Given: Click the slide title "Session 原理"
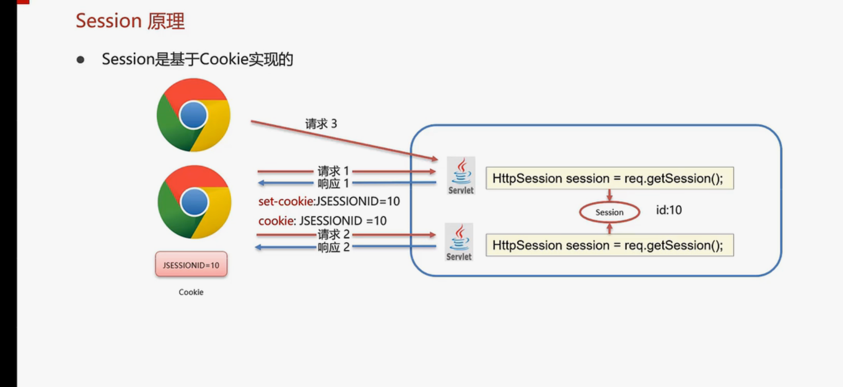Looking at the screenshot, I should [x=130, y=21].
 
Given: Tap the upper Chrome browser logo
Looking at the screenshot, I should [x=193, y=115].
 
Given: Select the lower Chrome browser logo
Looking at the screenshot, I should [x=194, y=202].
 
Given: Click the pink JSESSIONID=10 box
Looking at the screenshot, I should [x=191, y=265].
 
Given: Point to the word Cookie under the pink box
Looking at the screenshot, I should [x=191, y=292].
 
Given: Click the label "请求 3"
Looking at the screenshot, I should [x=321, y=124].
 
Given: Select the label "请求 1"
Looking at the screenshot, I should [x=333, y=171].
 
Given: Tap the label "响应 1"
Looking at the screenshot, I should [x=333, y=183].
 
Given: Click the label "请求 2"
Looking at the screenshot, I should [x=333, y=235].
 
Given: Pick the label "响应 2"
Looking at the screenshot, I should [x=333, y=248].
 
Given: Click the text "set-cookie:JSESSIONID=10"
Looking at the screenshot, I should [x=329, y=201].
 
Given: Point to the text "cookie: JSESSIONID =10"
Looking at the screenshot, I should [x=322, y=221].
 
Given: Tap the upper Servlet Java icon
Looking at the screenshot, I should [x=461, y=175].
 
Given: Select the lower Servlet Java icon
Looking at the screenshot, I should [x=459, y=242].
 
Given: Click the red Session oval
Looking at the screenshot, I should [x=609, y=212].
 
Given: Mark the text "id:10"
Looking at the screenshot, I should [x=669, y=210].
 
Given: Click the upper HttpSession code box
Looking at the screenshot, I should [x=609, y=179].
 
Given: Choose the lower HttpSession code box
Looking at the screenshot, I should [x=609, y=245].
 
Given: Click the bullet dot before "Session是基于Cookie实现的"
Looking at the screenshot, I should [x=80, y=60].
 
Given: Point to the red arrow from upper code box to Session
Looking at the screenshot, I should [x=609, y=196].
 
